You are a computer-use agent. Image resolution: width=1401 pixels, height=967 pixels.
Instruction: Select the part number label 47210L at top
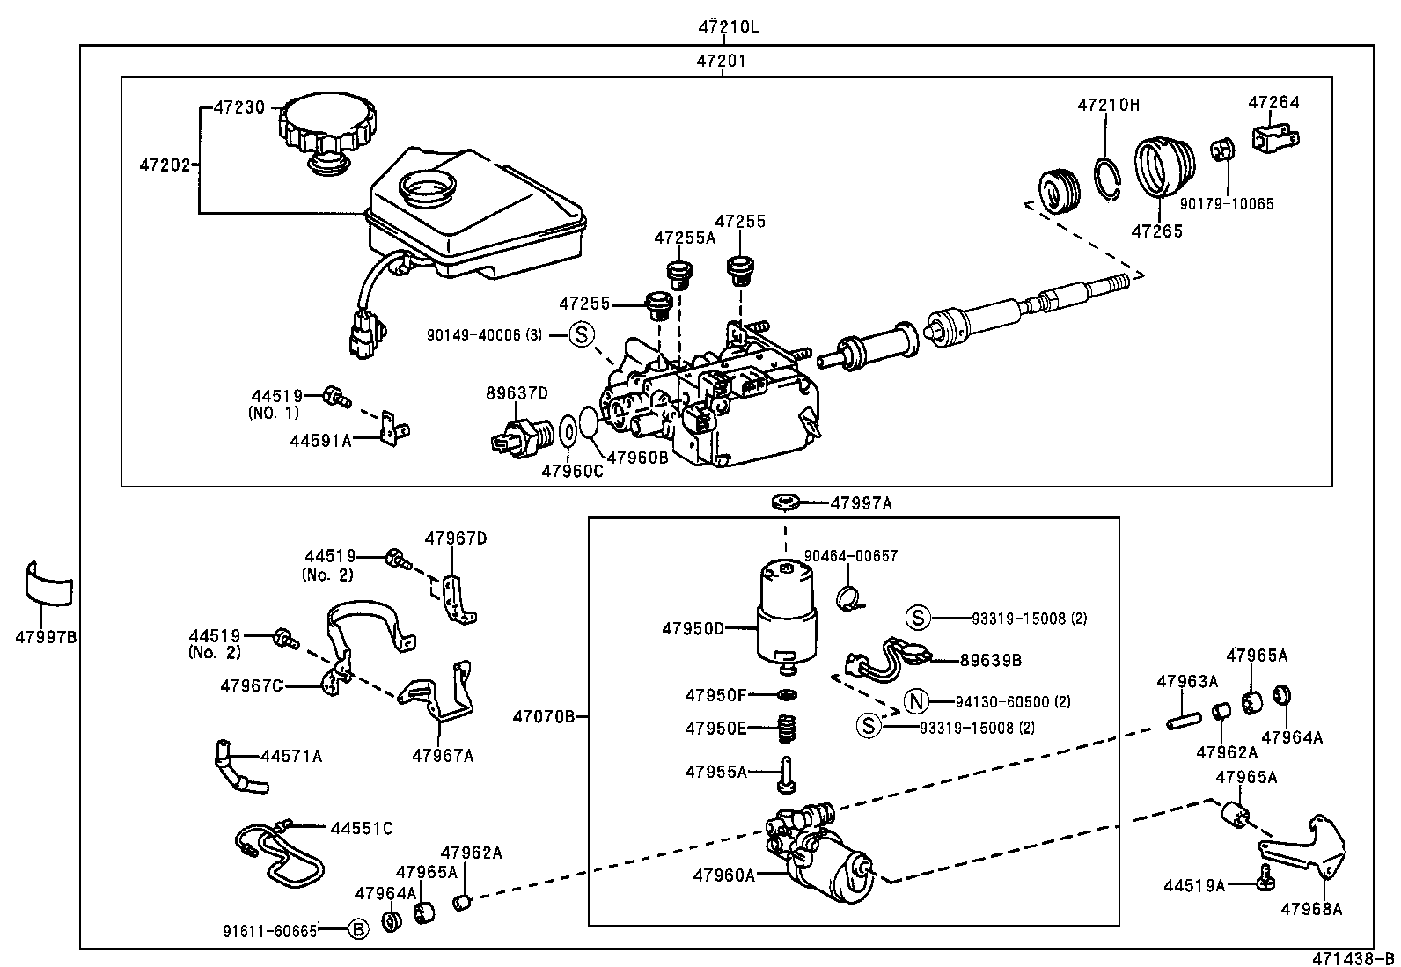[729, 26]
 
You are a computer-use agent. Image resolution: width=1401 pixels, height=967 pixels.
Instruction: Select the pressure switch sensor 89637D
[520, 434]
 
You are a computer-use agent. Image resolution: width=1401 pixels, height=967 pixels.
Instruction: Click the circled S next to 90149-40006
[581, 334]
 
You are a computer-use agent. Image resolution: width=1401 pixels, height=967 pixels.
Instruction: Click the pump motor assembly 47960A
[823, 858]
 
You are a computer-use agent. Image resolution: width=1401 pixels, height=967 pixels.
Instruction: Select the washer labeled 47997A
[784, 503]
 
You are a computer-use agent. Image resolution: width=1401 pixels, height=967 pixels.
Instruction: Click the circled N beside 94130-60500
[916, 701]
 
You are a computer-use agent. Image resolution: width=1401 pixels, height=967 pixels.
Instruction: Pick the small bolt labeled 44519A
[1266, 875]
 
